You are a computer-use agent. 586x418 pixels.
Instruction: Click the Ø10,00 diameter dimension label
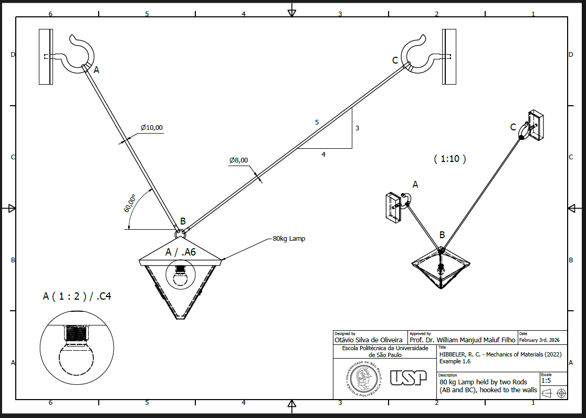tap(152, 128)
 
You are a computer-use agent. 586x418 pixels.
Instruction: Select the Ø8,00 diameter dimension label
tap(238, 160)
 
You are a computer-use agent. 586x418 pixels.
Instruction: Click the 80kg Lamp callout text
tap(289, 238)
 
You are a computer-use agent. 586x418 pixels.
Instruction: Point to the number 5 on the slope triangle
tap(317, 123)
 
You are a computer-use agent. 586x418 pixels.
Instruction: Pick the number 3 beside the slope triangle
tap(357, 128)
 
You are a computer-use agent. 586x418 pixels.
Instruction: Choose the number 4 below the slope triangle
tap(323, 154)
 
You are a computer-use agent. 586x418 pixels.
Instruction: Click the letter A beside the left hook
tap(97, 69)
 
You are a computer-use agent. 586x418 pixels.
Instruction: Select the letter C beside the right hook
tap(395, 60)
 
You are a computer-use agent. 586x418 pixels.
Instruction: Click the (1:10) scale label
tap(450, 159)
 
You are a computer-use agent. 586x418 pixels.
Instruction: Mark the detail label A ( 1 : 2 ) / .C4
tap(77, 297)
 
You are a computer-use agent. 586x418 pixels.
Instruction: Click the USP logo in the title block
tap(409, 377)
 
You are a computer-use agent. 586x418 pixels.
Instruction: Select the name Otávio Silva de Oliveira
tap(369, 340)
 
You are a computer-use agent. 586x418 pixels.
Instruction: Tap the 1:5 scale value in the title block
tap(546, 380)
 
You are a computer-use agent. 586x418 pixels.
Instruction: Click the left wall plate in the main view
tap(46, 56)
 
